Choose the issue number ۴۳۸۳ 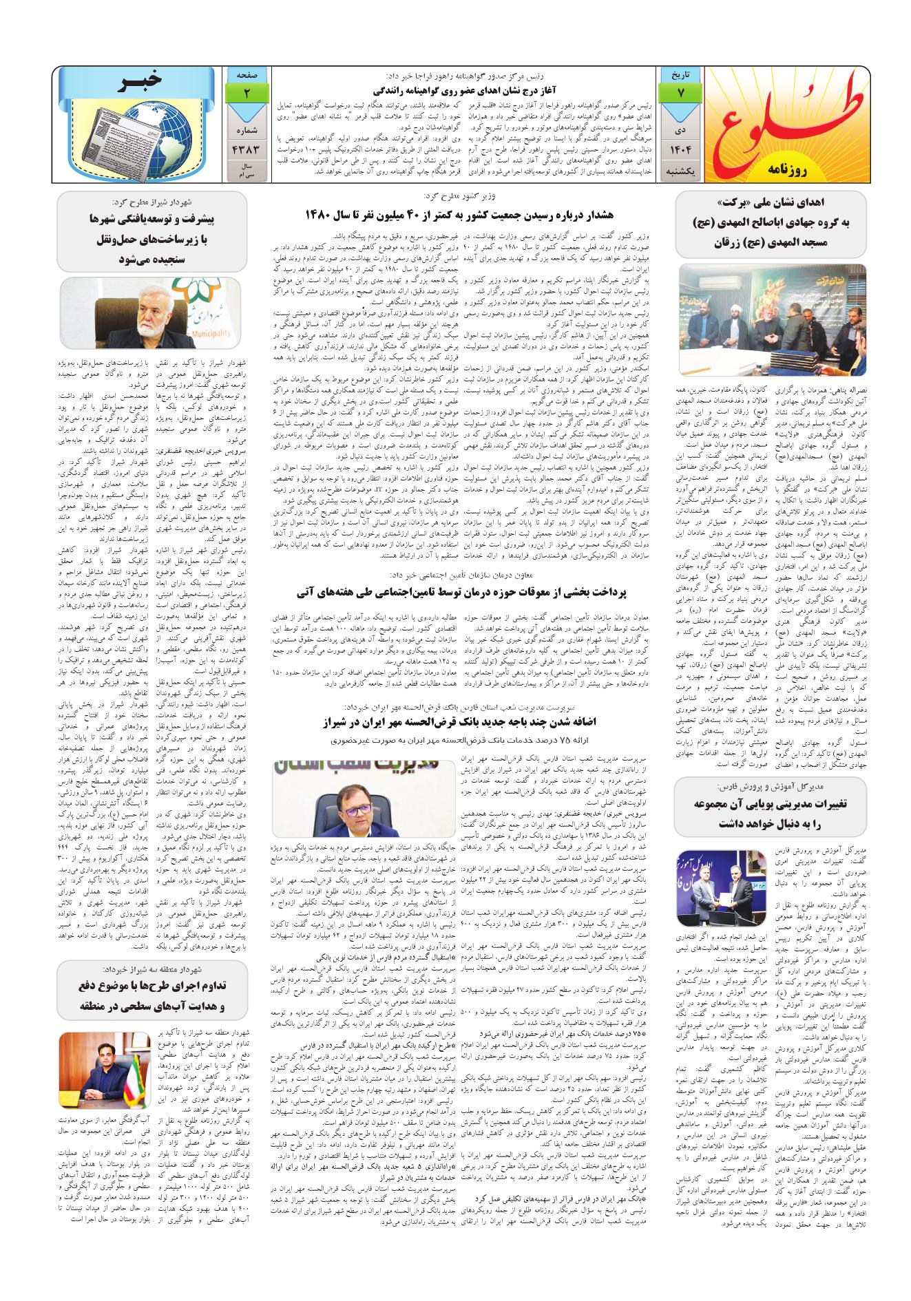coord(246,148)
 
